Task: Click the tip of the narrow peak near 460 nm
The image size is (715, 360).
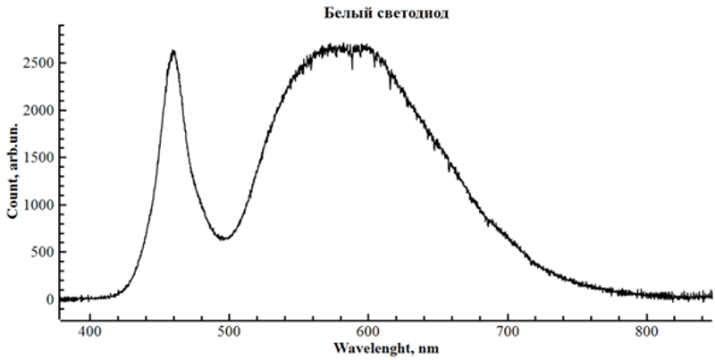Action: point(172,51)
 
